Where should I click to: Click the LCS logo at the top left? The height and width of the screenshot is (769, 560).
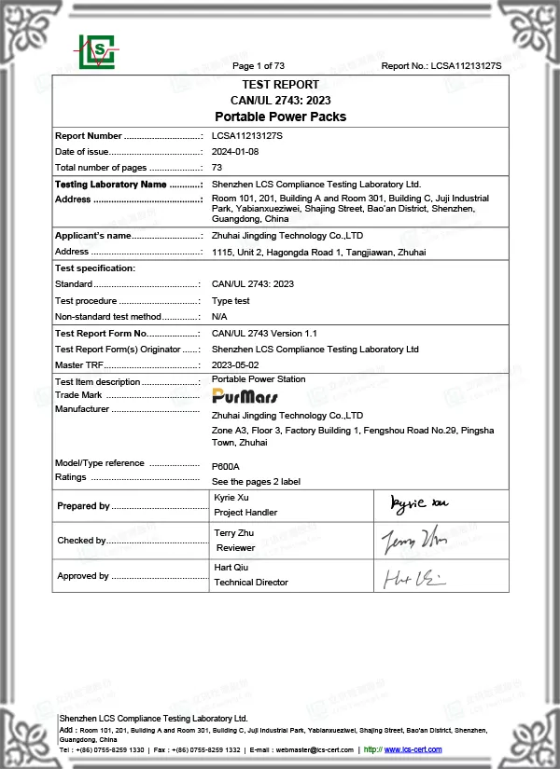[97, 52]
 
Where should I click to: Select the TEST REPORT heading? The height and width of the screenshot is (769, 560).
[280, 85]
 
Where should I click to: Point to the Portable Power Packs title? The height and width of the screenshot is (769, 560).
[280, 117]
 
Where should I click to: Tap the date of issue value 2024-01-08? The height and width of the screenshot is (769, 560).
[235, 151]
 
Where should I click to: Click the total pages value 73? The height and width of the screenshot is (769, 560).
[217, 167]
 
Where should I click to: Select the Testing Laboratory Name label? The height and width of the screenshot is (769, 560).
[111, 185]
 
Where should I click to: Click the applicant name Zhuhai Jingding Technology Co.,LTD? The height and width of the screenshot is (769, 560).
[280, 236]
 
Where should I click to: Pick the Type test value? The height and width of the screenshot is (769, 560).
[231, 301]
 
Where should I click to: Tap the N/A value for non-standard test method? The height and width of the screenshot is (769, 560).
[220, 317]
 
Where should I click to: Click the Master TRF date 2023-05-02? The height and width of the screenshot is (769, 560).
[235, 364]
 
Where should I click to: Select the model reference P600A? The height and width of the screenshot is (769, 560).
[226, 465]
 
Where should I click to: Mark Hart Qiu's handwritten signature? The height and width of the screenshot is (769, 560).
[414, 578]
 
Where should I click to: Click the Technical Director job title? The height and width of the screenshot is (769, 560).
[251, 583]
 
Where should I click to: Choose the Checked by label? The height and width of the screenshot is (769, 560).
[81, 541]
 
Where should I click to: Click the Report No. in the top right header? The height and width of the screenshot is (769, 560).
[441, 66]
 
